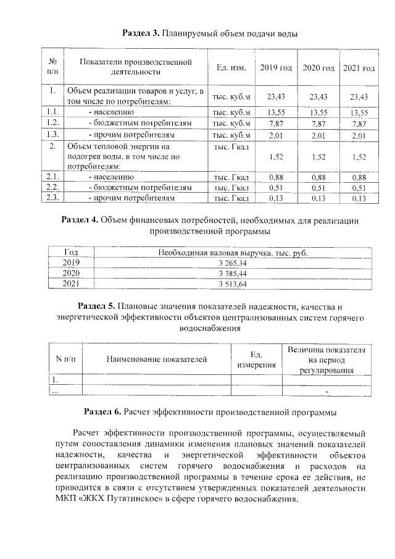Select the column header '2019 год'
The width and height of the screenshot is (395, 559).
[x=275, y=67]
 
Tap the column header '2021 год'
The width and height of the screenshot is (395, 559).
[x=359, y=67]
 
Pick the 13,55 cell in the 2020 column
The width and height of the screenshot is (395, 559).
[x=318, y=112]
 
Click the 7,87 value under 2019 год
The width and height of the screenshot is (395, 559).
[x=275, y=124]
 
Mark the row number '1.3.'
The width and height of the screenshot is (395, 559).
[x=52, y=135]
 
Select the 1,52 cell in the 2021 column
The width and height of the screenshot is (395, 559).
[x=359, y=158]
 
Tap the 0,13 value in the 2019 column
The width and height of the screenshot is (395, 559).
[x=275, y=198]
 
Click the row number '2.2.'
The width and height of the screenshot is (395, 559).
[x=52, y=187]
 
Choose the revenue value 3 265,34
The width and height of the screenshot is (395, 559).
[x=232, y=263]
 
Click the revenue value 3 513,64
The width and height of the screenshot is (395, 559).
[x=232, y=284]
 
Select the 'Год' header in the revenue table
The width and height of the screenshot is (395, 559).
[x=72, y=252]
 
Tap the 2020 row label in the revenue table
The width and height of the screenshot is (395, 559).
[x=72, y=273]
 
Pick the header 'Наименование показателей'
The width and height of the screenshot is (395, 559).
[x=156, y=359]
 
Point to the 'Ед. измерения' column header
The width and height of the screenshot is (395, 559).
[x=256, y=359]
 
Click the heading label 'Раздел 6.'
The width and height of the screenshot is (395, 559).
[x=103, y=411]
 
